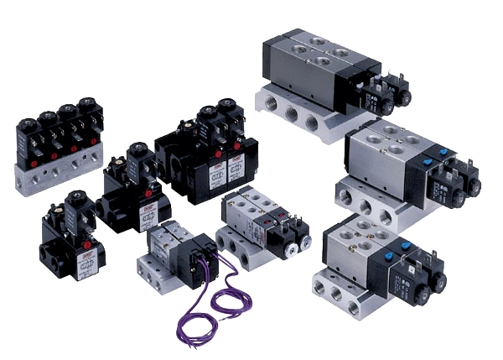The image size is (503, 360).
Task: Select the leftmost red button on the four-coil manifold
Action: tap(31, 160)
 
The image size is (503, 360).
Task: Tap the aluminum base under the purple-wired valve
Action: tap(163, 273)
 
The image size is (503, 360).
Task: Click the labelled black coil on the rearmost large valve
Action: tap(373, 97)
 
